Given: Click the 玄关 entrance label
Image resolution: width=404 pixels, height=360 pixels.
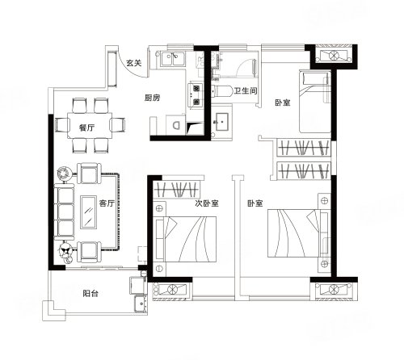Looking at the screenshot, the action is (134, 63).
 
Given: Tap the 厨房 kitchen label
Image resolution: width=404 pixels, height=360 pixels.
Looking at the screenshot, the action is (152, 98).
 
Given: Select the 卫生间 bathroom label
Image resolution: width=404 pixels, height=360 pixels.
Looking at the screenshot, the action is (246, 90).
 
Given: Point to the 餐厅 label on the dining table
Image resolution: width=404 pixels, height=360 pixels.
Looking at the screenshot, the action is (87, 128).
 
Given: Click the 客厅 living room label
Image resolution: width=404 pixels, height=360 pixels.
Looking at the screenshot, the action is (107, 203).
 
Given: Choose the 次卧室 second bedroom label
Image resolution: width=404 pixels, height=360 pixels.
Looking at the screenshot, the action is (207, 203).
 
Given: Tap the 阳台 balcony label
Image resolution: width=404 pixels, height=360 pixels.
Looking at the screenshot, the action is (90, 293).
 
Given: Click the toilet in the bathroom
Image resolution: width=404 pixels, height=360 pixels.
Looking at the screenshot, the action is (221, 91).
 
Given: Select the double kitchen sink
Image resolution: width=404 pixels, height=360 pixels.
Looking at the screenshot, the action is (172, 59).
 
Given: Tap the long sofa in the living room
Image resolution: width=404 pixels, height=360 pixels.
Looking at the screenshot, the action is (65, 212).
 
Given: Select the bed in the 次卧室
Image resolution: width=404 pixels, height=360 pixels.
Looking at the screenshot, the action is (185, 239).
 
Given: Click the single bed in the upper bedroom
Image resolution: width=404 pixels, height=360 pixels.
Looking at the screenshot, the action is (315, 102).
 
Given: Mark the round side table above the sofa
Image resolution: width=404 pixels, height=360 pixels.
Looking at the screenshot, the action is (64, 174).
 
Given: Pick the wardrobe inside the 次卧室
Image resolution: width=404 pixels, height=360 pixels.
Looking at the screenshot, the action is (177, 190).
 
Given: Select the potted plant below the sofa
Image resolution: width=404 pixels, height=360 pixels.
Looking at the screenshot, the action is (65, 250).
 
